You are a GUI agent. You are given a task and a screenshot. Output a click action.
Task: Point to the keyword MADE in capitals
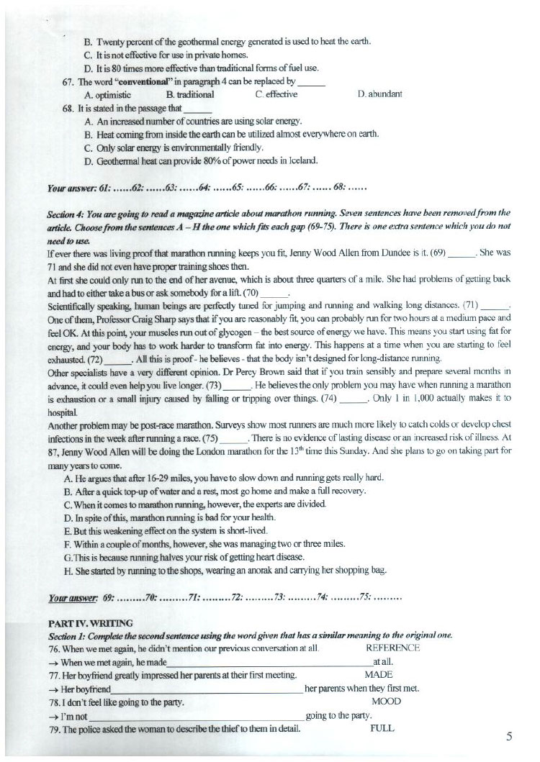tap(378, 674)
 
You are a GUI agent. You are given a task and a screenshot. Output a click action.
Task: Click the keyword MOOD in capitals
tap(386, 701)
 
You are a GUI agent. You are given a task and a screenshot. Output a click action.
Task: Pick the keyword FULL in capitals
tap(382, 727)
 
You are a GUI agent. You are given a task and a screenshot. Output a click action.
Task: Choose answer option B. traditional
tap(189, 94)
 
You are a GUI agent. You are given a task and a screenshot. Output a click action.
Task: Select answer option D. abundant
tap(379, 94)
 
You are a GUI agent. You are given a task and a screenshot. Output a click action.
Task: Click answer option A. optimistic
tap(107, 94)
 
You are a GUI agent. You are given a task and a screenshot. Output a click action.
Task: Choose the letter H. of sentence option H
tap(89, 571)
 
